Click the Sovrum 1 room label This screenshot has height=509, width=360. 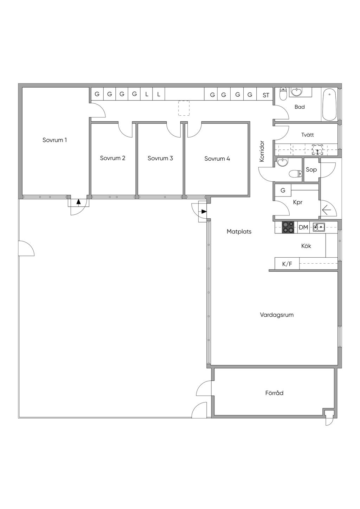[x=54, y=140]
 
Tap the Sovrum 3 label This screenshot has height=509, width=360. [x=160, y=158]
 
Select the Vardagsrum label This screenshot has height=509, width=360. [x=277, y=315]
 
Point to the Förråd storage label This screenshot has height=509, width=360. [x=274, y=393]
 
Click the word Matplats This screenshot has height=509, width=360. [x=239, y=232]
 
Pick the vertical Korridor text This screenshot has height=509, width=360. [x=262, y=152]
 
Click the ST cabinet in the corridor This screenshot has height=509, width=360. [x=266, y=94]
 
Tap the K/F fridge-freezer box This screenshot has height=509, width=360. [x=287, y=264]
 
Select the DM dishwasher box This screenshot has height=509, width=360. [x=303, y=227]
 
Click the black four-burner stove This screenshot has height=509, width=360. [x=288, y=227]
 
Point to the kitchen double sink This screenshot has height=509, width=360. [x=319, y=226]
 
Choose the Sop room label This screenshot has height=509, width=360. [x=311, y=169]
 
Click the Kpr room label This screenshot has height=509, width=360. [x=298, y=202]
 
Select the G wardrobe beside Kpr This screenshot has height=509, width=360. [x=283, y=190]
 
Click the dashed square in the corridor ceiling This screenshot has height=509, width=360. [x=184, y=108]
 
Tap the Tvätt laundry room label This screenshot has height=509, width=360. [x=308, y=135]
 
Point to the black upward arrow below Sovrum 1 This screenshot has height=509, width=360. [x=79, y=201]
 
